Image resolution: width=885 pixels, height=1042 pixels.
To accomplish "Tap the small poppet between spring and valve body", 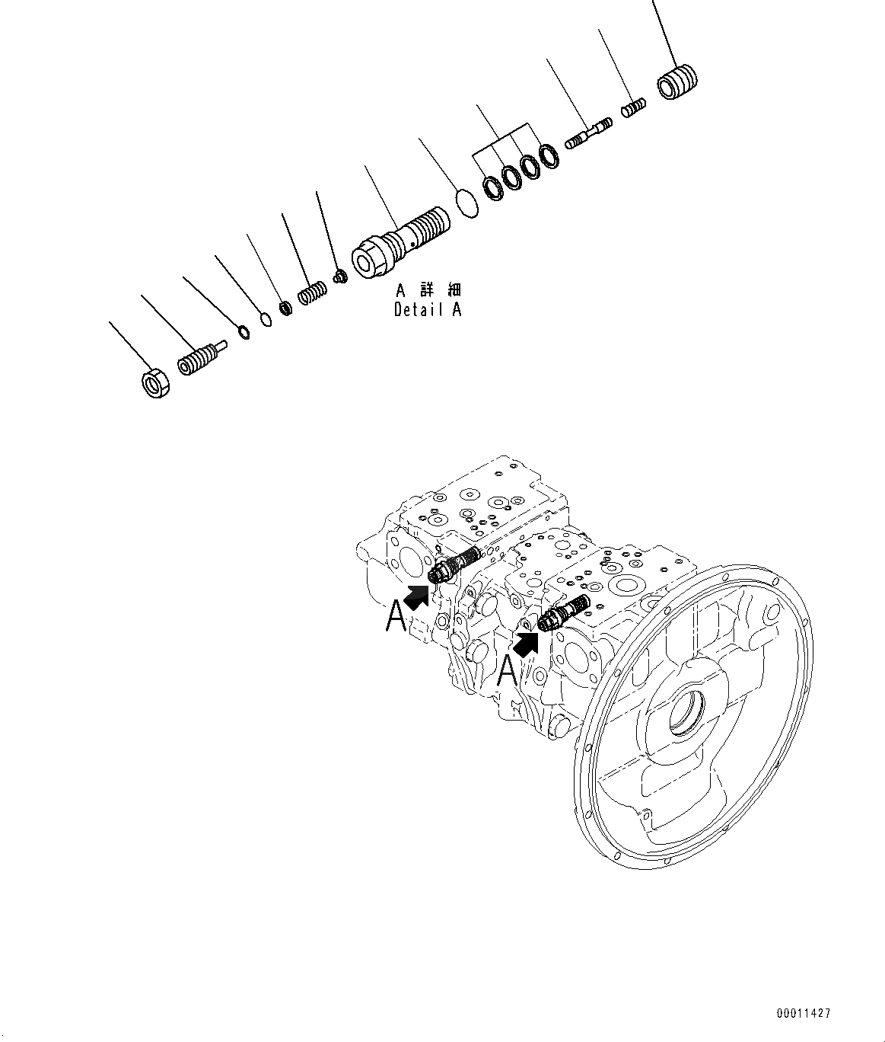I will pos(341,274).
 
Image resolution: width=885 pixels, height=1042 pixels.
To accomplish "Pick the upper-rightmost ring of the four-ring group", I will pos(549,156).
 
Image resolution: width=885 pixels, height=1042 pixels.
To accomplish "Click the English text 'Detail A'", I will pos(427,310).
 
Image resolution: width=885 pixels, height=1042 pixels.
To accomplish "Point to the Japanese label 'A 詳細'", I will pos(428,290).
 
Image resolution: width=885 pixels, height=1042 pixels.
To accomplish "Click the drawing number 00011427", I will pos(804,1013).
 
